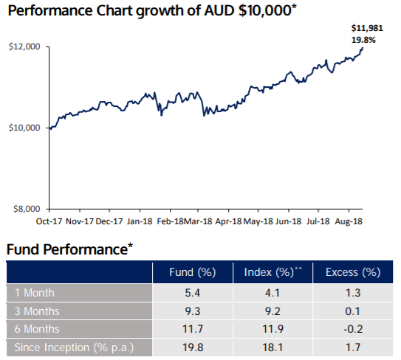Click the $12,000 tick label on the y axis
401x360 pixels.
point(24,46)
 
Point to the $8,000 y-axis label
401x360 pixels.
point(27,209)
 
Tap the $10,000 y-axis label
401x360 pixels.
point(24,128)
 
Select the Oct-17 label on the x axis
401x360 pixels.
point(49,221)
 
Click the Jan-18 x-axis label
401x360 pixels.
point(140,221)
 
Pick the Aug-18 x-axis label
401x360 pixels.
point(349,221)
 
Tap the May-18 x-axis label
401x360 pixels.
point(258,221)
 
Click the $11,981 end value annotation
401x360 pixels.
point(367,28)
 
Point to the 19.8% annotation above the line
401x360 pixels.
point(363,40)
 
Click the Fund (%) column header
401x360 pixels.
point(192,272)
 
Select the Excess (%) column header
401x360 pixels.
point(353,272)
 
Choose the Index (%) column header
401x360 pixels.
point(273,272)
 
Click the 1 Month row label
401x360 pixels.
point(35,293)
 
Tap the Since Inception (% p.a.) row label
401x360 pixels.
point(74,347)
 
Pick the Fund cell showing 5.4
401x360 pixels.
point(192,293)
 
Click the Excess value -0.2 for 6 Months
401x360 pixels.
point(353,329)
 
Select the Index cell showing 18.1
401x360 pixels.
point(273,347)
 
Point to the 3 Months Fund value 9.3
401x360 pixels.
point(192,311)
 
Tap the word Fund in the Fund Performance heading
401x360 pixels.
point(22,249)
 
